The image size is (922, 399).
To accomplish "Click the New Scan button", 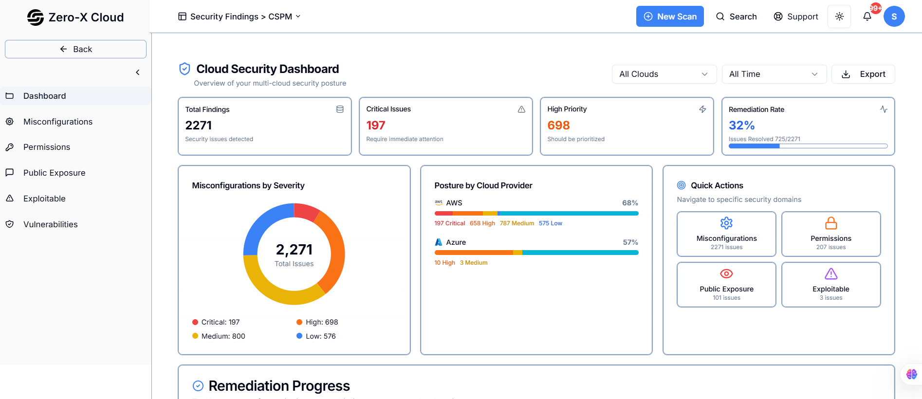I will [x=669, y=17].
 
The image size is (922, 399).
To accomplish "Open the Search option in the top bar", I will [x=736, y=17].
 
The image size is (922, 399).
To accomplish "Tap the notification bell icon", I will [x=867, y=17].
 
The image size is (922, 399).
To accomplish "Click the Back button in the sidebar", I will [x=75, y=49].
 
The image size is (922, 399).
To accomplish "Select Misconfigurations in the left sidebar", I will [x=57, y=122].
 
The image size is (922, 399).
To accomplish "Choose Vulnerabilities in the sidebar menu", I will [x=50, y=224].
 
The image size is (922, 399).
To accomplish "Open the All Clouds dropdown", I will [x=664, y=74].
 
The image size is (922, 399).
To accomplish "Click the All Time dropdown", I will [x=774, y=74].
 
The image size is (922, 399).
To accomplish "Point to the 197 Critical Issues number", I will [x=375, y=126].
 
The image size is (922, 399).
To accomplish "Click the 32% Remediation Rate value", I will [x=741, y=126].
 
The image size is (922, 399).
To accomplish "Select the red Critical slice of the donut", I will [x=306, y=211].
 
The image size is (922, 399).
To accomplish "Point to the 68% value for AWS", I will [x=630, y=203].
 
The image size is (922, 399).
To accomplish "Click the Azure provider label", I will [x=456, y=242].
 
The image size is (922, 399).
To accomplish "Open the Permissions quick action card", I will [x=830, y=234].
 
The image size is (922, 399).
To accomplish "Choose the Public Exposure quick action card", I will [x=726, y=285].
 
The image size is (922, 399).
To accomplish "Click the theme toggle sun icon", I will [x=839, y=17].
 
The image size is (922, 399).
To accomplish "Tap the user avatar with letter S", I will [x=894, y=17].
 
